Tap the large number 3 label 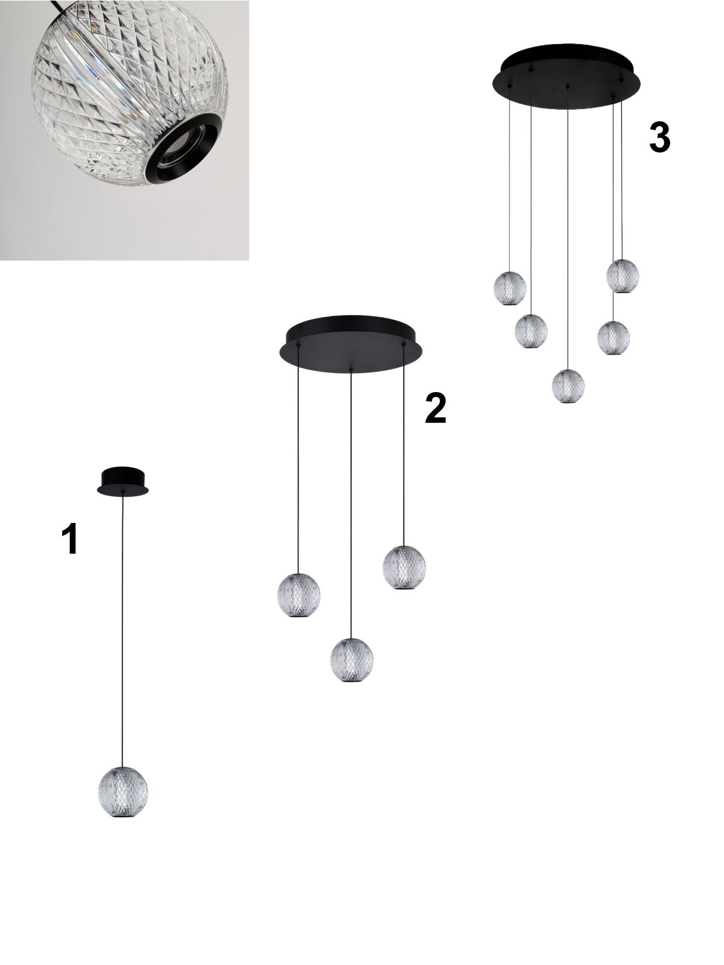click(659, 137)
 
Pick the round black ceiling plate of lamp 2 click(351, 344)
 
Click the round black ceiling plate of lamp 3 click(566, 76)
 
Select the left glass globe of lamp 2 click(299, 595)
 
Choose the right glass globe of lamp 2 click(404, 568)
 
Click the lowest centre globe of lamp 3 click(568, 386)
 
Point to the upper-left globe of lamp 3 click(510, 288)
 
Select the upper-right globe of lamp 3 click(623, 276)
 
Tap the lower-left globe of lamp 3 click(531, 332)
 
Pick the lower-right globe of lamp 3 click(613, 338)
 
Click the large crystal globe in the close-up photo click(130, 92)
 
